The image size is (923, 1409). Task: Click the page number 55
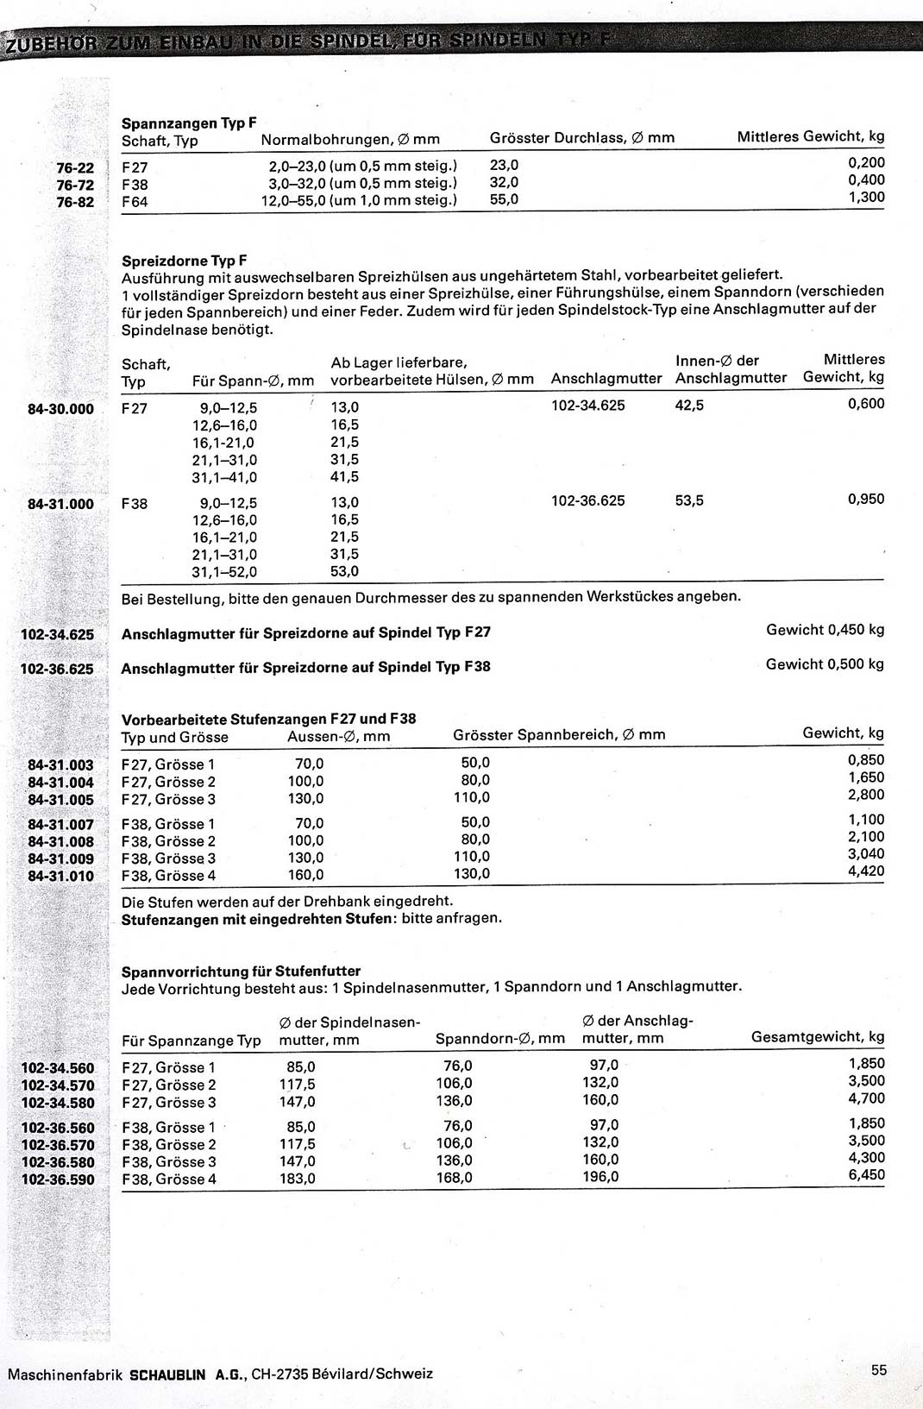click(878, 1369)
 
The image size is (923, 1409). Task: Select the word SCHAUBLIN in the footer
click(167, 1374)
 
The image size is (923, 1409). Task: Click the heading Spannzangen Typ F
click(189, 123)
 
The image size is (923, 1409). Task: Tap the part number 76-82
click(75, 202)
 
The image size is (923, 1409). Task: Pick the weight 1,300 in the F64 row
click(866, 198)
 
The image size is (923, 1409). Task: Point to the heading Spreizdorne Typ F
click(184, 261)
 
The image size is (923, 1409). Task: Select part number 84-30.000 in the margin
click(60, 409)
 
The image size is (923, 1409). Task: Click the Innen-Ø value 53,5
click(689, 500)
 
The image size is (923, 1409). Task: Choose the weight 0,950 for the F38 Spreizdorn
click(866, 499)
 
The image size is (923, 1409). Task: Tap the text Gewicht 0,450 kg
click(825, 630)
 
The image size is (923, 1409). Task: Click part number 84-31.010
click(60, 877)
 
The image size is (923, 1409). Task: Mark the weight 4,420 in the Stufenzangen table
click(866, 871)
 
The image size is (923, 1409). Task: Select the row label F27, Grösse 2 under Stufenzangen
click(168, 782)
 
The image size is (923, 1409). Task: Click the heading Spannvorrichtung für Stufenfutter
click(241, 971)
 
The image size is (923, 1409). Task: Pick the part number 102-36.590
click(58, 1179)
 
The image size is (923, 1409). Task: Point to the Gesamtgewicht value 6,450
click(867, 1175)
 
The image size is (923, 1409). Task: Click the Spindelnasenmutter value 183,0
click(298, 1179)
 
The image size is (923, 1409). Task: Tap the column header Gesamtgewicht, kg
click(818, 1037)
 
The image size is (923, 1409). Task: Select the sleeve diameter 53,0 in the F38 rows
click(344, 571)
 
